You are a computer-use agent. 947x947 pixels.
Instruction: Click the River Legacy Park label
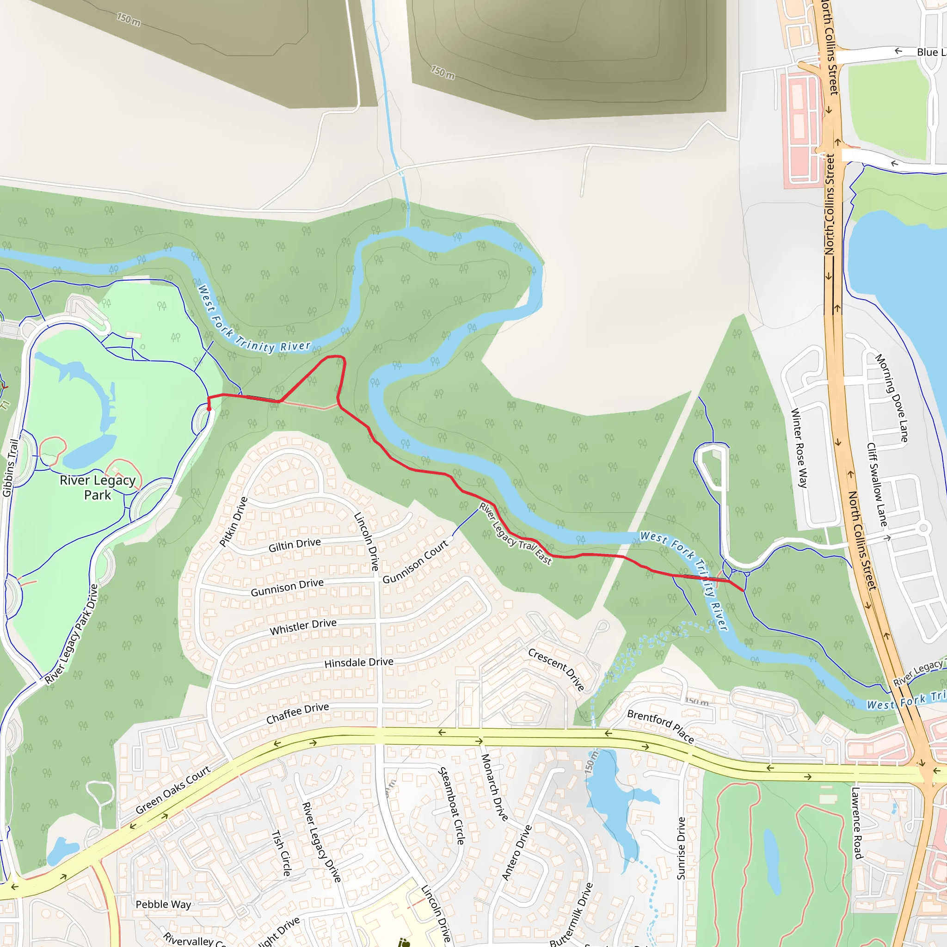[98, 487]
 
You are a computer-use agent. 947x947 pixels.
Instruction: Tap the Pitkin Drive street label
[234, 522]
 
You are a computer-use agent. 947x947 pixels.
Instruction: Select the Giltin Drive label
[295, 545]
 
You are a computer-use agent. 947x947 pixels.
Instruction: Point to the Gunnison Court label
[415, 562]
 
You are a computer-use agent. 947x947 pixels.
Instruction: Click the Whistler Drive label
[303, 627]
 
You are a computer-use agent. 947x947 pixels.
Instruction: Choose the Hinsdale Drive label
[359, 663]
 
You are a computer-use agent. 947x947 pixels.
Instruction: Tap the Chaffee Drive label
[297, 713]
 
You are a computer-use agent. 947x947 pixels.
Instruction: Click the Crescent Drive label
[556, 670]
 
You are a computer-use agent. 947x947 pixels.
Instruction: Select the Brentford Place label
[660, 726]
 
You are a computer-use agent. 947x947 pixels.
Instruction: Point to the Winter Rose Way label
[799, 448]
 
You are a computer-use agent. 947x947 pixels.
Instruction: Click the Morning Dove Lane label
[892, 398]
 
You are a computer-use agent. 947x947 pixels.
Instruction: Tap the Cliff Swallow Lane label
[877, 485]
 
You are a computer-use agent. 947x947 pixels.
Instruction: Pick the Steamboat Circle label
[451, 806]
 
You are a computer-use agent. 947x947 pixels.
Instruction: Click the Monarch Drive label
[494, 787]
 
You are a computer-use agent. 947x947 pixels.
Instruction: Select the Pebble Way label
[163, 904]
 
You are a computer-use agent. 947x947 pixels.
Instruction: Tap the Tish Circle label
[282, 853]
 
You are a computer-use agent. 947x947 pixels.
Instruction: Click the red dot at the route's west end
[209, 409]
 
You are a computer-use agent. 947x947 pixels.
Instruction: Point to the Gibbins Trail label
[10, 468]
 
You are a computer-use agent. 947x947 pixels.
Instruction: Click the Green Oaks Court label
[172, 790]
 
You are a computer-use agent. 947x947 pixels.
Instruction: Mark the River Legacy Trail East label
[515, 534]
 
